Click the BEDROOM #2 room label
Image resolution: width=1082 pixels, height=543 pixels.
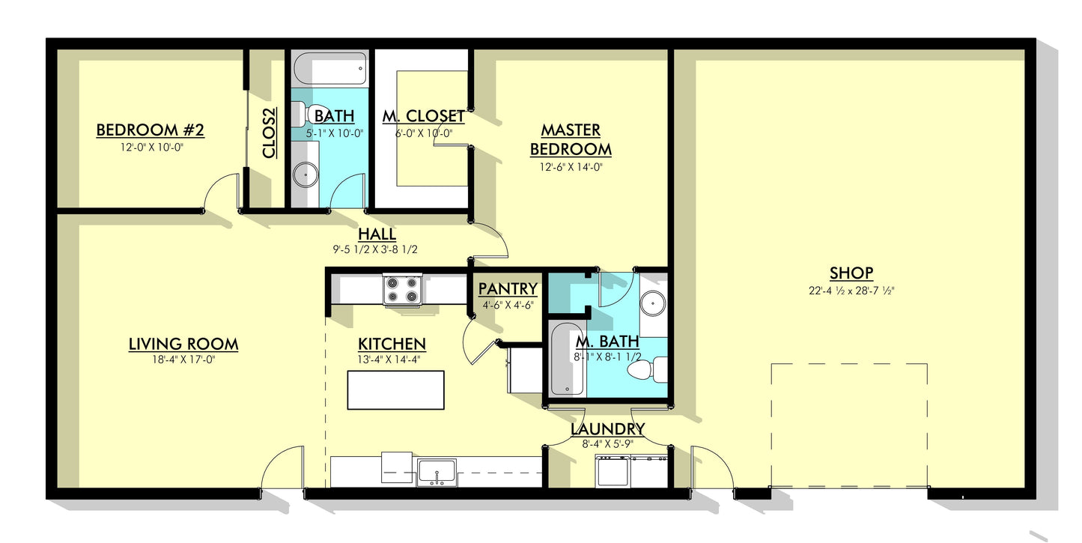point(151,130)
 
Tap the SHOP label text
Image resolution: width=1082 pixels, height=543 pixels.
point(851,273)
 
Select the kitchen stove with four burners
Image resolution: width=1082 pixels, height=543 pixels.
point(402,289)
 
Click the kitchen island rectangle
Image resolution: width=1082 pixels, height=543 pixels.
point(395,390)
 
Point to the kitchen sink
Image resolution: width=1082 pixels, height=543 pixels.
point(437,473)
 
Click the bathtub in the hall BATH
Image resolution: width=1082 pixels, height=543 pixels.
point(330,69)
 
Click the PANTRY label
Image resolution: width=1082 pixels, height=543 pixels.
point(508,289)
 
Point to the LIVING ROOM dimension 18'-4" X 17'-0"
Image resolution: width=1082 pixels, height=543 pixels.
point(183,360)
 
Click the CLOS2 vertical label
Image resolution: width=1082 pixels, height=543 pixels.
point(269,133)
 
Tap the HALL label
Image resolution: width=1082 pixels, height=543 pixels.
point(377,234)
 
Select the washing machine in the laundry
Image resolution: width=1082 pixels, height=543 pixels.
point(613,471)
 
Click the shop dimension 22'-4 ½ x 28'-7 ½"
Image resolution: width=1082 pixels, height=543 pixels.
point(851,291)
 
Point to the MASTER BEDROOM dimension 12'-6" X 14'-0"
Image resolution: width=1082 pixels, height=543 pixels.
point(571,167)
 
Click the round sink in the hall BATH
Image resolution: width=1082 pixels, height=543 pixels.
point(306,175)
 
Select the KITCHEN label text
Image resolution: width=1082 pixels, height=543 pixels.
point(392,345)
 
